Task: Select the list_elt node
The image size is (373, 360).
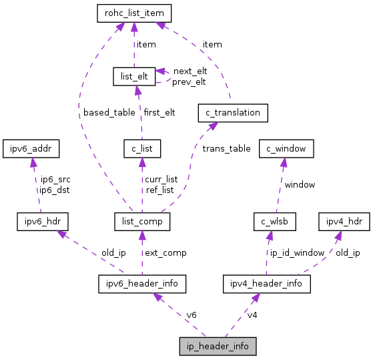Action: coord(133,77)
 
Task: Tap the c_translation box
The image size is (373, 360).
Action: coord(233,113)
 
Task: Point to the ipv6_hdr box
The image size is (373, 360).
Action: coord(43,220)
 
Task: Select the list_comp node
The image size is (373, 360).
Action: coord(142,220)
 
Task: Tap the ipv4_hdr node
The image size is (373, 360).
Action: coord(344,220)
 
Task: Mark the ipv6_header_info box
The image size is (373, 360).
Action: coord(142,284)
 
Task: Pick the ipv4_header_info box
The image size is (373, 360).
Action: coord(267,284)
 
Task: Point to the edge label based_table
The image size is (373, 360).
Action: coord(109,112)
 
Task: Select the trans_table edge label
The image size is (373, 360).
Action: coord(226,148)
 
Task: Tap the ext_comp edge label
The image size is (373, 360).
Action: coord(165,252)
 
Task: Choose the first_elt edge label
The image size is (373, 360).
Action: coord(159,112)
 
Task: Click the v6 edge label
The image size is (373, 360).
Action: coord(192,315)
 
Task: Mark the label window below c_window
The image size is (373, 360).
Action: coord(300,184)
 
